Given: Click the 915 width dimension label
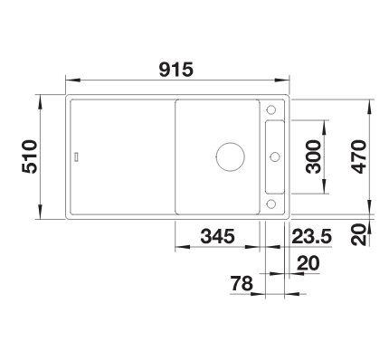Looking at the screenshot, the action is (176, 70).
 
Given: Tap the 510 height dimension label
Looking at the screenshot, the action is (30, 156).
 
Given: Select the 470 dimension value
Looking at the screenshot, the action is (359, 156).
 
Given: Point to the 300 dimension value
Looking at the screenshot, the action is (313, 156).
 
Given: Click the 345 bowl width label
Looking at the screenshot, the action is (217, 236).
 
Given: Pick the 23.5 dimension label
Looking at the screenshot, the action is (312, 236).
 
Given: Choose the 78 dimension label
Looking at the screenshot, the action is (242, 283).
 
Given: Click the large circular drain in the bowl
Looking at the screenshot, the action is (231, 156).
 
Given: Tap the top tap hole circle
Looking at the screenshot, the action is (270, 109).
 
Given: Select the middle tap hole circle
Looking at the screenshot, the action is (275, 156).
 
